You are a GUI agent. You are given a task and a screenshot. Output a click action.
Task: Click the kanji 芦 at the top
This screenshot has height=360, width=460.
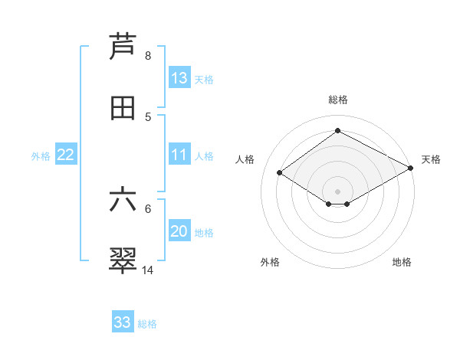coord(123,47)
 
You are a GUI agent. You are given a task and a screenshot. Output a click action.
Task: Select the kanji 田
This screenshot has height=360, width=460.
coord(123,109)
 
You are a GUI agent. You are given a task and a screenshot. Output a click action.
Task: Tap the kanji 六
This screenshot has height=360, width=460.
coord(123,200)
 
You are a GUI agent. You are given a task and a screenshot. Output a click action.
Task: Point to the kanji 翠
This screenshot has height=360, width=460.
coord(123,261)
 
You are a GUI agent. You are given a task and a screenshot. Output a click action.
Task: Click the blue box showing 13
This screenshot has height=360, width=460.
coord(179,78)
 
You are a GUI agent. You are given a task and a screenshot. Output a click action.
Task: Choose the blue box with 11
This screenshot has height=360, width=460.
coord(179,155)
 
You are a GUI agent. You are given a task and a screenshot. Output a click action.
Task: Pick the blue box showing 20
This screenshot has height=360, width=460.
coord(179,231)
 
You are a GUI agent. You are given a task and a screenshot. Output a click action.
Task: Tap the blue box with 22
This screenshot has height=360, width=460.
coord(66,155)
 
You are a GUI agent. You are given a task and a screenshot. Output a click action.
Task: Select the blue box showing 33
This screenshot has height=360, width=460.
coord(123,322)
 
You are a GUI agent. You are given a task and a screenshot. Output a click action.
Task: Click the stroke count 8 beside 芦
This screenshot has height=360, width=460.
coord(148,56)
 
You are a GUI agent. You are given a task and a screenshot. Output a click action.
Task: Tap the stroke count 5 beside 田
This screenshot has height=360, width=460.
coord(148,117)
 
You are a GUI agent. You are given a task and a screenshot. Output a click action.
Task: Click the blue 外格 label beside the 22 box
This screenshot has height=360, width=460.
coord(41,155)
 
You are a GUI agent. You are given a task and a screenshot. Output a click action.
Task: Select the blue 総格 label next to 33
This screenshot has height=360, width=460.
coord(147,323)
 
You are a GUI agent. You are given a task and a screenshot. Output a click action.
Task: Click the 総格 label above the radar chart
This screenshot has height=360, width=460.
coord(338,100)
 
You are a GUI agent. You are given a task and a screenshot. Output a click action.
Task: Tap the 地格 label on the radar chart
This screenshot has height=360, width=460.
coord(402,262)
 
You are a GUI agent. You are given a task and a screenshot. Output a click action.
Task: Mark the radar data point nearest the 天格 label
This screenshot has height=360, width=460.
coord(412,169)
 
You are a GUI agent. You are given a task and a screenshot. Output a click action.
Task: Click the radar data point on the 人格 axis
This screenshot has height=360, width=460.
coord(280,173)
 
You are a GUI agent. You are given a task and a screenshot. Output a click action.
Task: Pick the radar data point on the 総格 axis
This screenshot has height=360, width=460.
coord(337,130)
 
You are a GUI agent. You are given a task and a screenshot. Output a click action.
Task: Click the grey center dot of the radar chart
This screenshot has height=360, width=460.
coord(337,190)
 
